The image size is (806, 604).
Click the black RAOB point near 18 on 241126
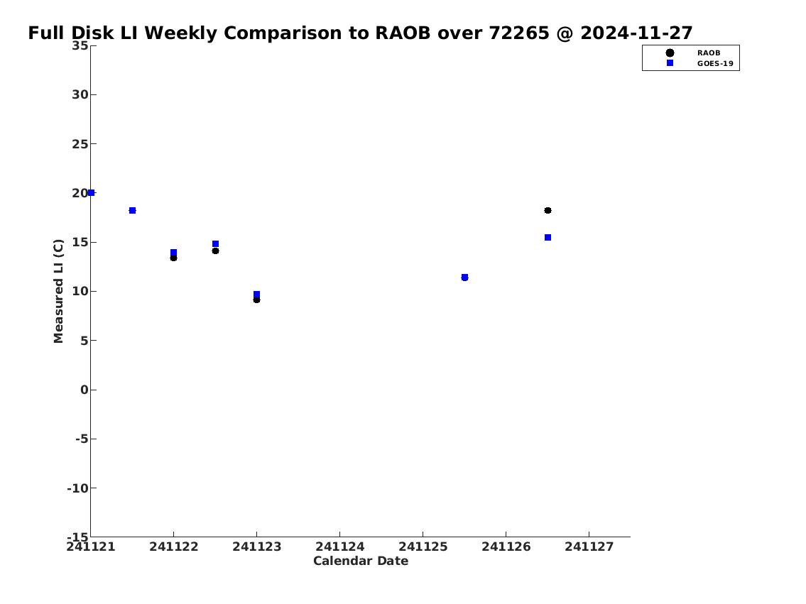tap(548, 211)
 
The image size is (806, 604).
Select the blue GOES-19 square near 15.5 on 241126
tap(548, 237)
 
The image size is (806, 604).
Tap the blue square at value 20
tap(91, 192)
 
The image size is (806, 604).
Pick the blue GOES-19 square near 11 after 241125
tap(464, 278)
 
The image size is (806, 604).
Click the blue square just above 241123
tap(256, 295)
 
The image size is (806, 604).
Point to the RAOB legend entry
tap(693, 53)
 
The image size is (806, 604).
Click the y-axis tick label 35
tap(80, 45)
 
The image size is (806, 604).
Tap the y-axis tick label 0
tap(85, 390)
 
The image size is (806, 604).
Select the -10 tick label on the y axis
tap(77, 488)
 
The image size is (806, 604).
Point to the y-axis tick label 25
tap(80, 144)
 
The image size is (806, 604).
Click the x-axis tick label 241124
tap(339, 547)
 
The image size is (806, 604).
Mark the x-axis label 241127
tap(589, 547)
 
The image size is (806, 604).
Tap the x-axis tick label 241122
tap(174, 547)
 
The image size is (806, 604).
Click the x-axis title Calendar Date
tap(361, 561)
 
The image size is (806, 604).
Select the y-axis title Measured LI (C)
tap(58, 291)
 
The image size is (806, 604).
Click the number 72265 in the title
tap(519, 33)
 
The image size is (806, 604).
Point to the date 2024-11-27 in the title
tap(636, 33)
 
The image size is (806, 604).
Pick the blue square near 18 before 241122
tap(132, 211)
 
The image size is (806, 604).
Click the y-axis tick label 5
tap(85, 341)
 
